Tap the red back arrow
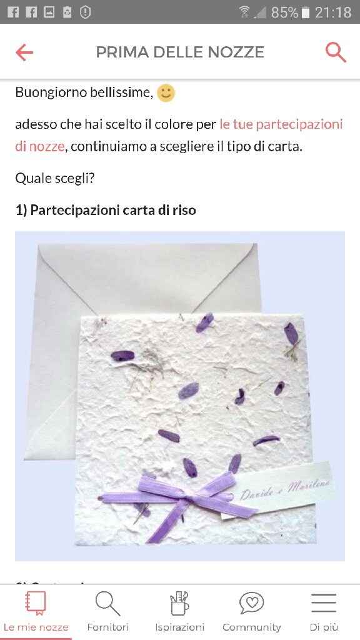coord(24,52)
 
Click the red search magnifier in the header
coord(336,52)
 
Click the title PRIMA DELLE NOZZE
coord(180,52)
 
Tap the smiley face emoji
coord(166,93)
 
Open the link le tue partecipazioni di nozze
coord(281,124)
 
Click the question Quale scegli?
coord(55,178)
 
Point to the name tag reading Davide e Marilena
coord(285,491)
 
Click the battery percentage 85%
coord(284,12)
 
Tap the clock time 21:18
coord(333,12)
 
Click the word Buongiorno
coord(51,93)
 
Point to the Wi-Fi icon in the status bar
coord(244,12)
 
